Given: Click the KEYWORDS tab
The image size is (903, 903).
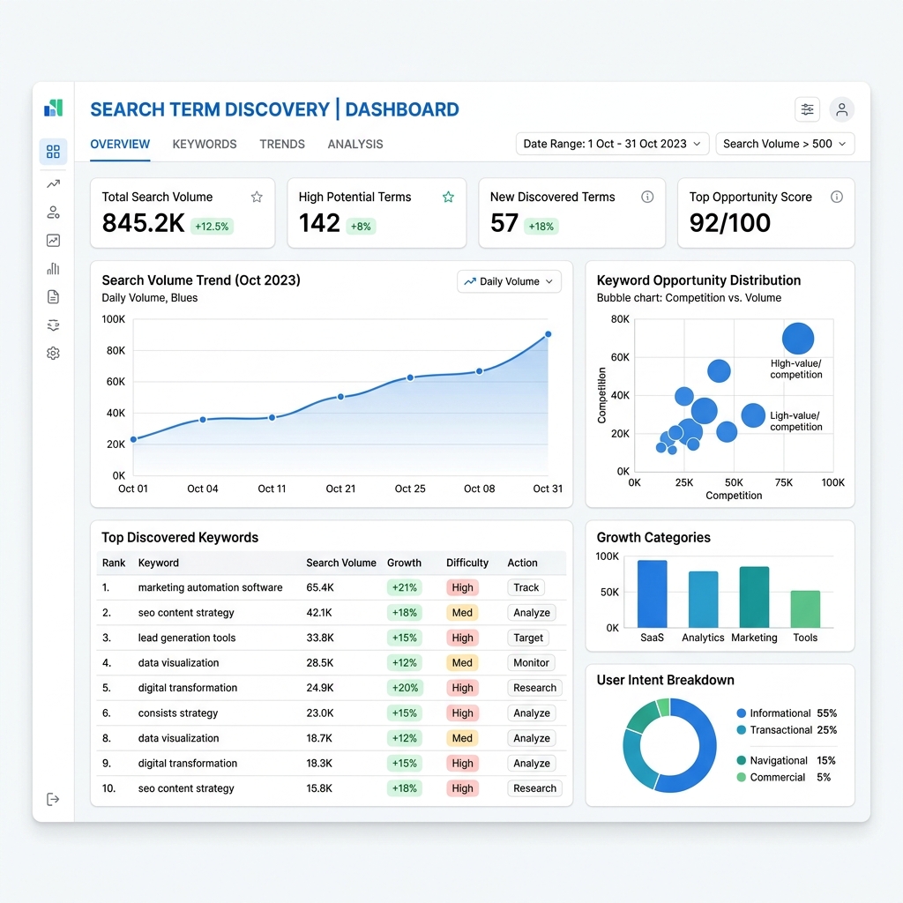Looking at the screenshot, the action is coord(205,144).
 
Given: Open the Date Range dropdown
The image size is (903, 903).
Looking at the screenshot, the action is coord(612,144).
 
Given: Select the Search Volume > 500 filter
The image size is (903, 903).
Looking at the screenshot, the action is coord(785,144).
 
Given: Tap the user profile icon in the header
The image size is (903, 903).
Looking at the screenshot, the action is coord(841,109).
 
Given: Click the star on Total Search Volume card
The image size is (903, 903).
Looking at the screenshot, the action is coord(257,197).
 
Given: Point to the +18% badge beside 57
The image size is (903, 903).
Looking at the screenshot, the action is coord(541,227).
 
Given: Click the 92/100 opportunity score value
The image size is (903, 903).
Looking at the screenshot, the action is coord(729,223).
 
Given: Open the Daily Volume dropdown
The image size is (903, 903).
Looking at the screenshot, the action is coord(509,281).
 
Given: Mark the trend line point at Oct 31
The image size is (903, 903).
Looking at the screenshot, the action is coord(549,334).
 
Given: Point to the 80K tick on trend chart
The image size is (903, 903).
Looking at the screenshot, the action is coord(116,350).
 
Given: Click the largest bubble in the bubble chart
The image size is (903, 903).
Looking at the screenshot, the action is coord(797,338).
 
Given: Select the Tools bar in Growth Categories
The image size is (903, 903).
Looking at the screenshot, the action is coord(805,608).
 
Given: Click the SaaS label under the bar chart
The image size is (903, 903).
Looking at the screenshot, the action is coord(652,638).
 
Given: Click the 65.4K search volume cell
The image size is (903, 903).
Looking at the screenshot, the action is coord(320,587).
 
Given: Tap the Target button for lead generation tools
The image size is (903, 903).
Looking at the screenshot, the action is coord(528,638).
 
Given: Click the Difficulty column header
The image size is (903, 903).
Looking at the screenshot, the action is coord(467,563).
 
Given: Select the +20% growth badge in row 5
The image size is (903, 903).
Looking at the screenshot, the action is coord(404,688).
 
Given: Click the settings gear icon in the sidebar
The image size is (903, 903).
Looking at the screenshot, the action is coord(53,353).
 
